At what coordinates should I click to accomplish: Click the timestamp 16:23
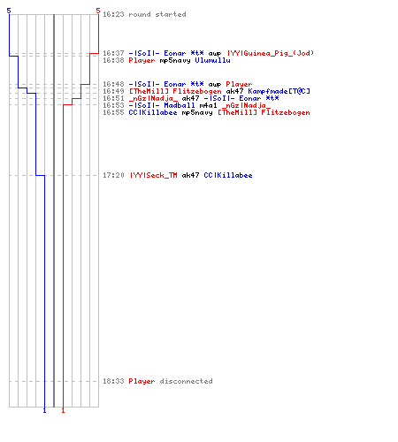click(113, 14)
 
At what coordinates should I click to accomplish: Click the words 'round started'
click(157, 14)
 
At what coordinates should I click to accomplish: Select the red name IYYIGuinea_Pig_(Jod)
click(271, 53)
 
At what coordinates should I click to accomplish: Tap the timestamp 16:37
click(113, 53)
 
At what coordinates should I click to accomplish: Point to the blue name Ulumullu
click(212, 60)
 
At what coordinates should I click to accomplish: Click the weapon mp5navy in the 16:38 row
click(175, 61)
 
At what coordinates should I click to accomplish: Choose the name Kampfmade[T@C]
click(279, 91)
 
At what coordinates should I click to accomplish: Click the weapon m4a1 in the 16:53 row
click(209, 105)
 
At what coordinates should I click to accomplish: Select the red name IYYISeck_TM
click(154, 175)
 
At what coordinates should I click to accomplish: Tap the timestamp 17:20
click(113, 175)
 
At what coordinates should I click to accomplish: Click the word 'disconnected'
click(186, 381)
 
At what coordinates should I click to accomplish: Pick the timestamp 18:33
click(113, 381)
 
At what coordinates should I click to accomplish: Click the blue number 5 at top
click(9, 11)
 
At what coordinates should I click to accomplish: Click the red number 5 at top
click(98, 11)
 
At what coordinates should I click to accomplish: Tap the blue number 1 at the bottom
click(44, 410)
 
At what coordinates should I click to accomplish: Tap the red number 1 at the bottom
click(63, 410)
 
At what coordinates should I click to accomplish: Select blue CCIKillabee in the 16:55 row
click(153, 112)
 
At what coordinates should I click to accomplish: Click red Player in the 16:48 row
click(239, 84)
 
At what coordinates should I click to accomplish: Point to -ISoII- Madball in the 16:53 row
click(162, 105)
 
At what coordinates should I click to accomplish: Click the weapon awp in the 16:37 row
click(215, 54)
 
